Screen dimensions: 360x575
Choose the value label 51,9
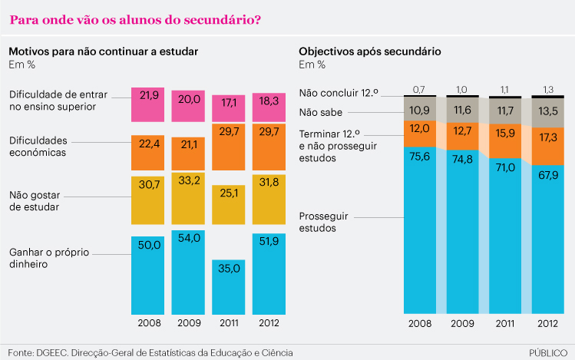(270, 241)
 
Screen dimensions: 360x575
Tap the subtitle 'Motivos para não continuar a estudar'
(104, 51)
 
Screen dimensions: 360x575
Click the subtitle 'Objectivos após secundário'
(369, 51)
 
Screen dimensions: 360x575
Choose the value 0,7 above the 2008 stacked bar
(419, 90)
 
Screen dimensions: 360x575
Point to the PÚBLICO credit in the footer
(549, 352)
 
